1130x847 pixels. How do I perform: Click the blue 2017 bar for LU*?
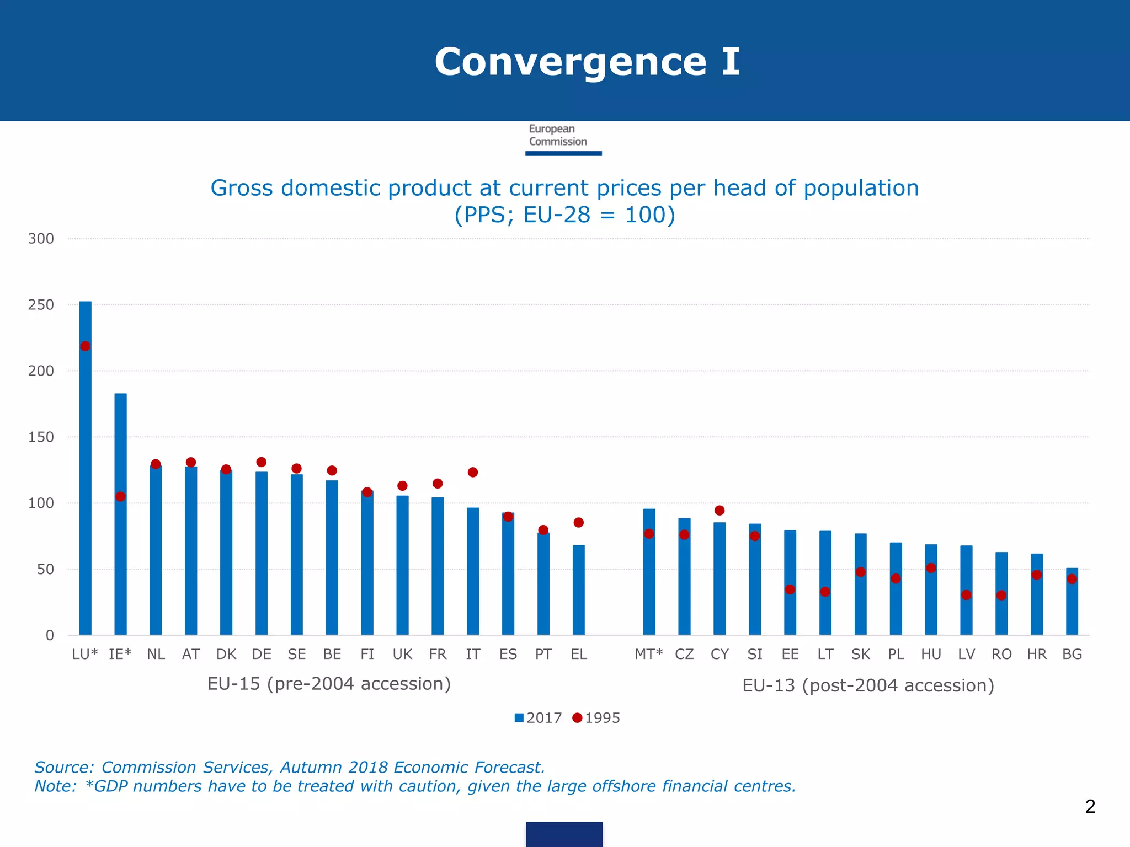[86, 469]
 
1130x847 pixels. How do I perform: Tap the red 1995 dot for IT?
[473, 472]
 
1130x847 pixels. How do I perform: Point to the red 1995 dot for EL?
[578, 522]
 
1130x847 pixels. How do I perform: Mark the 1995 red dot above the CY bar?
[719, 511]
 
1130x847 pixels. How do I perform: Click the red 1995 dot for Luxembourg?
[86, 346]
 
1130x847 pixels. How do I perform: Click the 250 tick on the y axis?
[41, 305]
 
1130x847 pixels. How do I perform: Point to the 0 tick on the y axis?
[50, 635]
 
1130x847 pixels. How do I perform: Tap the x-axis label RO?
[1001, 655]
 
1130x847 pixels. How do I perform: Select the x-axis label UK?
[402, 655]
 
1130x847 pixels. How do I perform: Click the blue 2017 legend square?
[519, 718]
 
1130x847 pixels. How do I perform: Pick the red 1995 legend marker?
[577, 718]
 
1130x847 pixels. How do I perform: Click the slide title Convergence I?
[587, 62]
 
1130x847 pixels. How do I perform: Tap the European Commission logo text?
[557, 135]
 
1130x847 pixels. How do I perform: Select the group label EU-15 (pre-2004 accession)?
[329, 684]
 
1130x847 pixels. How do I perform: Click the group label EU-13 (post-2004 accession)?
[868, 685]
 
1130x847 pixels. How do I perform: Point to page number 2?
[1090, 807]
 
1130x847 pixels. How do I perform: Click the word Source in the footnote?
[63, 767]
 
